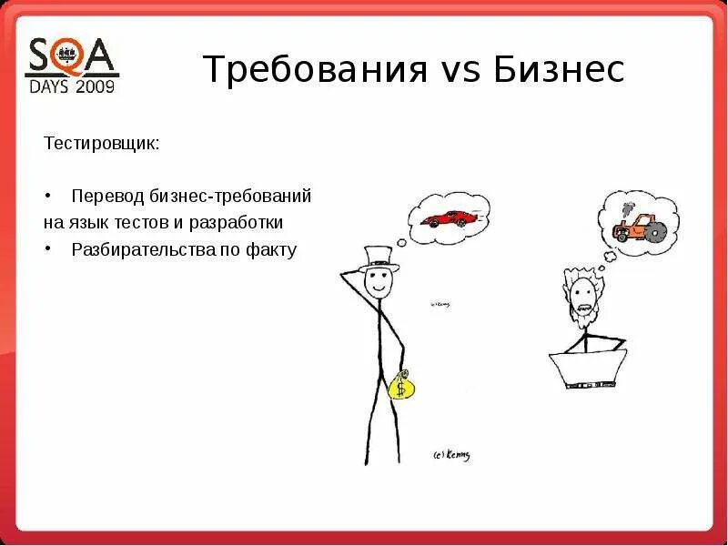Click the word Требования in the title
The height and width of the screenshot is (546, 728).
[315, 69]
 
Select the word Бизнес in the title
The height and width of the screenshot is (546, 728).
[560, 69]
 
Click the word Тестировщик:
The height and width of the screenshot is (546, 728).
[102, 144]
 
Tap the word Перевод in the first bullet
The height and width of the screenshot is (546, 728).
[104, 197]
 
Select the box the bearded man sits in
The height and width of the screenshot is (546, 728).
[587, 365]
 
